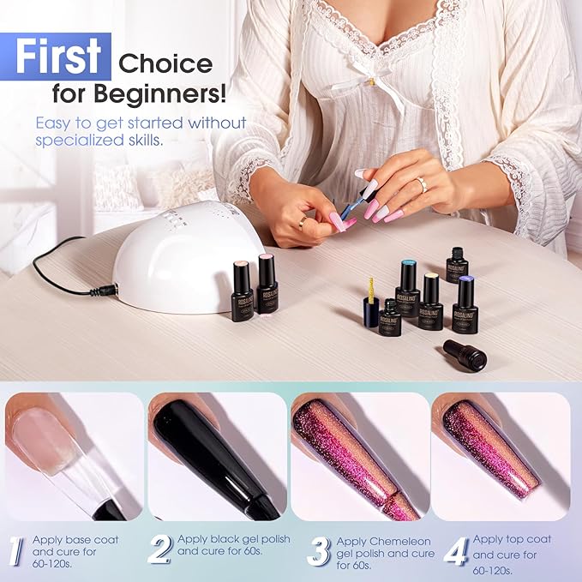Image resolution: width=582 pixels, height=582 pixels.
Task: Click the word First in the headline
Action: (58, 56)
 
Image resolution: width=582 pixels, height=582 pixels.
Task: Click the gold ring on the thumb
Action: (303, 222)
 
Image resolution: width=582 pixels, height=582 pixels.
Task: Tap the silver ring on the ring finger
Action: (423, 184)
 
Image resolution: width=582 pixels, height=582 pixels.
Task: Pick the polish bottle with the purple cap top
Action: (465, 304)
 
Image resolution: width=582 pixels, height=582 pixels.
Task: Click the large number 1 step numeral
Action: (15, 551)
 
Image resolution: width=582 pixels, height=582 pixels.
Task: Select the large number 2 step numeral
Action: (160, 550)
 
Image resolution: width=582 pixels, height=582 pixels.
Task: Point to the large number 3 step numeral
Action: (319, 552)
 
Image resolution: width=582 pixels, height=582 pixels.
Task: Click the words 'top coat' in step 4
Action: (530, 540)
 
